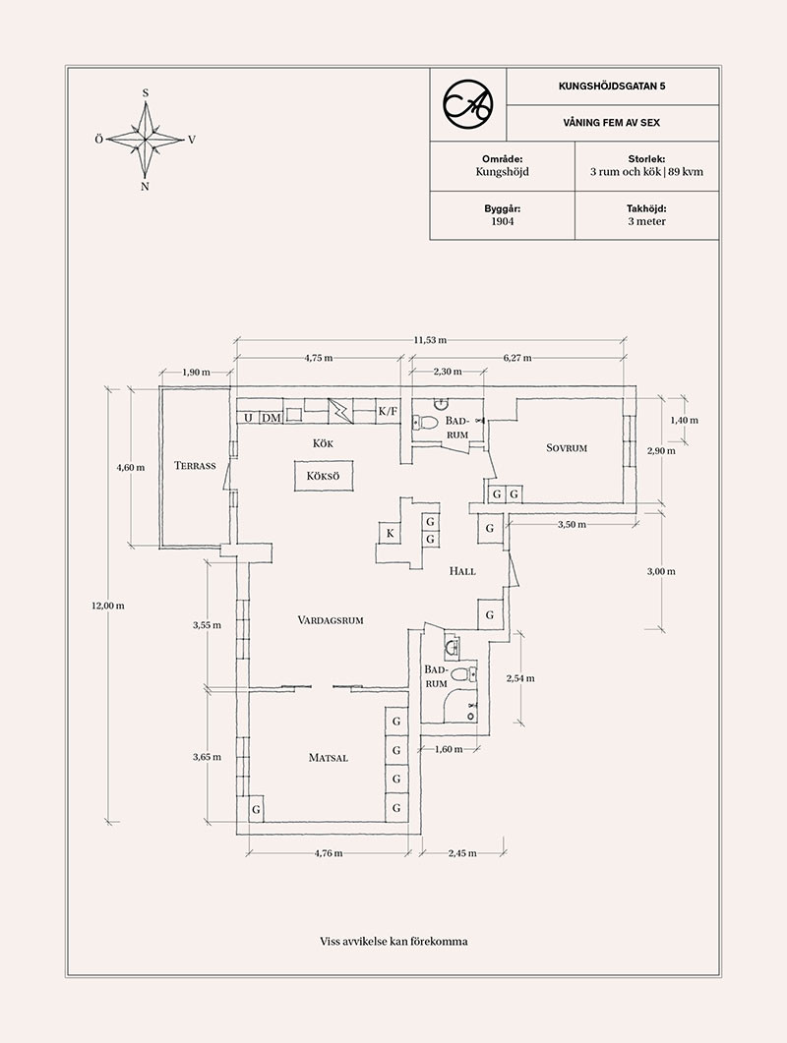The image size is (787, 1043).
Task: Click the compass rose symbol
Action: (x=146, y=139)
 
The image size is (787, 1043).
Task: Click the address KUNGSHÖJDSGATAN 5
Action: (x=611, y=87)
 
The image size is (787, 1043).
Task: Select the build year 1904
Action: (x=503, y=221)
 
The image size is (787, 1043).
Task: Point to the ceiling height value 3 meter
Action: (x=646, y=221)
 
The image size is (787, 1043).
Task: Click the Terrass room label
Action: (x=195, y=465)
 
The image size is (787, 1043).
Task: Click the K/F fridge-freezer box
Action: (x=389, y=411)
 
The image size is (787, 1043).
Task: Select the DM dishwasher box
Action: (x=272, y=418)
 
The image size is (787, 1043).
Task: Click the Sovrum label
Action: (x=567, y=448)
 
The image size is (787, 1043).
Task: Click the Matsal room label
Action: (x=329, y=758)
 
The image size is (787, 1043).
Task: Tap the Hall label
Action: (x=462, y=570)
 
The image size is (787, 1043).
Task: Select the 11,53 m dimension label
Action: (x=430, y=340)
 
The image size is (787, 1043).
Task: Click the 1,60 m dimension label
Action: (x=449, y=749)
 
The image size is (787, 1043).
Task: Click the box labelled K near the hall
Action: (x=391, y=533)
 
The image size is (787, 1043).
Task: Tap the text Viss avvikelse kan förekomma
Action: (x=393, y=941)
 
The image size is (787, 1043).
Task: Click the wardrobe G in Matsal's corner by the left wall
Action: (x=256, y=810)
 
